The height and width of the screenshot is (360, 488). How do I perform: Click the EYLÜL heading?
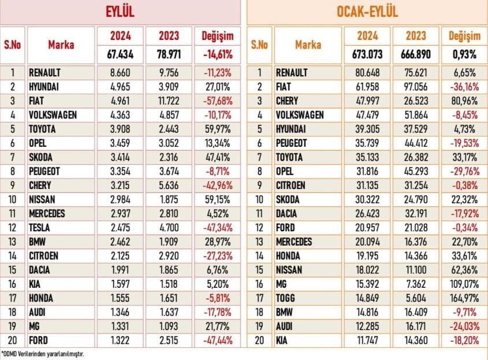pyautogui.click(x=120, y=12)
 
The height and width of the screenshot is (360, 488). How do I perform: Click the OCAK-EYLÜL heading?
pyautogui.click(x=367, y=12)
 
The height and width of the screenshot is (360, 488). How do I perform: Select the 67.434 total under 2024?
pyautogui.click(x=120, y=54)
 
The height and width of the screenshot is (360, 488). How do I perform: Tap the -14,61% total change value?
pyautogui.click(x=218, y=54)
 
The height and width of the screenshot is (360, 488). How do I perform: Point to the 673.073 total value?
pyautogui.click(x=367, y=54)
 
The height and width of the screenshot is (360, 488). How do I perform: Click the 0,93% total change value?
pyautogui.click(x=464, y=54)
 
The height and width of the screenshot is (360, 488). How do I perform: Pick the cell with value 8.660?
pyautogui.click(x=120, y=73)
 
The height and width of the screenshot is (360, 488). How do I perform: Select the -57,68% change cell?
pyautogui.click(x=218, y=101)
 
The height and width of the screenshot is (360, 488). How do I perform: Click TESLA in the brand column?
pyautogui.click(x=39, y=228)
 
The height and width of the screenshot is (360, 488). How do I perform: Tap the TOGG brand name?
pyautogui.click(x=285, y=298)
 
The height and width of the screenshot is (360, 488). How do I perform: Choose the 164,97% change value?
pyautogui.click(x=464, y=298)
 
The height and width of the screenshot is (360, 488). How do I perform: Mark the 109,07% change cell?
pyautogui.click(x=464, y=284)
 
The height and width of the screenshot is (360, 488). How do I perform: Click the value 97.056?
pyautogui.click(x=416, y=87)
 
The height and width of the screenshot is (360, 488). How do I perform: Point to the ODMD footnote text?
pyautogui.click(x=43, y=354)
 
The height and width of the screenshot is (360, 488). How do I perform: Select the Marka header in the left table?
pyautogui.click(x=61, y=45)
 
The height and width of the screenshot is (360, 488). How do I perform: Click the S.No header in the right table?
pyautogui.click(x=259, y=45)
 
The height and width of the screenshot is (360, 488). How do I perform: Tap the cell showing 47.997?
pyautogui.click(x=367, y=101)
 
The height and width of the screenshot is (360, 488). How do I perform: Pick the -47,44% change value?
pyautogui.click(x=218, y=340)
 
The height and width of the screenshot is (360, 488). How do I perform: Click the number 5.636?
pyautogui.click(x=169, y=185)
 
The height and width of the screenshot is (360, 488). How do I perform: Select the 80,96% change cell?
pyautogui.click(x=464, y=101)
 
